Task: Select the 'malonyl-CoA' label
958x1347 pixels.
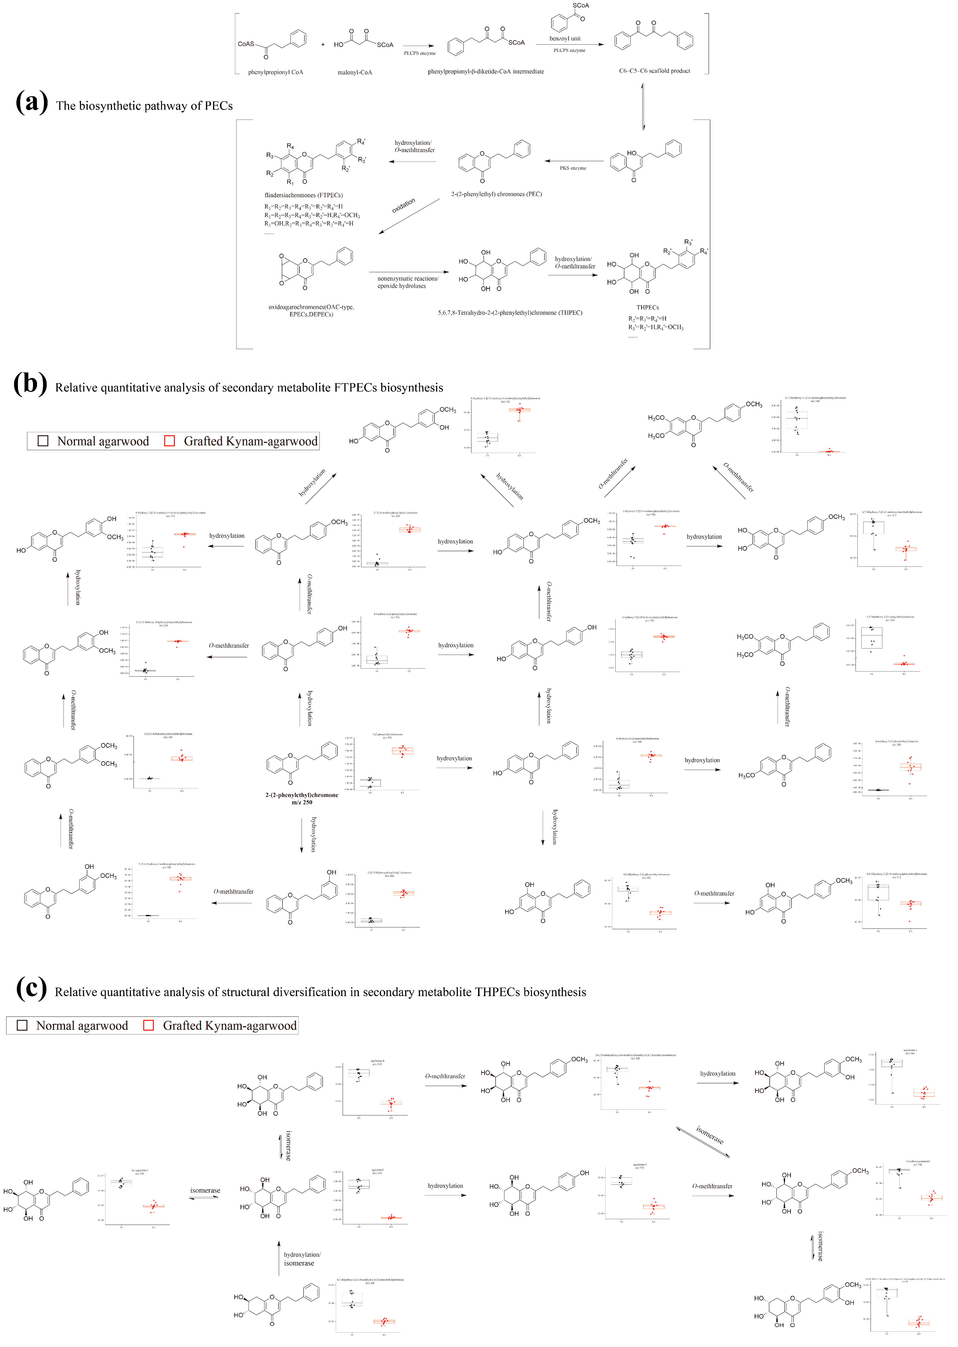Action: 354,72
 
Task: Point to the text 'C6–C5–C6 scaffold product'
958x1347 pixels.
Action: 654,71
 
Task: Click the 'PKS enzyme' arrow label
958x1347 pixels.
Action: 573,168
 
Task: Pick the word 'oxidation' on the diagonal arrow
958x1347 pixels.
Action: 403,205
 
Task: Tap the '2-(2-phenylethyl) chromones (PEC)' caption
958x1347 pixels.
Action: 496,194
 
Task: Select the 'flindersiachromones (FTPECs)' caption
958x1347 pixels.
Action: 303,195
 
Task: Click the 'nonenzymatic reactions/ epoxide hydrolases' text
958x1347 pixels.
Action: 407,282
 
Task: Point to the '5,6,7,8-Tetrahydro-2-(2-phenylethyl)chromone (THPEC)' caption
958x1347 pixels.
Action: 510,313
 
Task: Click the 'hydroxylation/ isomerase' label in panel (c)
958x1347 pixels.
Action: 302,1259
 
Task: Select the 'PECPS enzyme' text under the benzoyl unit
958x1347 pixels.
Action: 569,51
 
